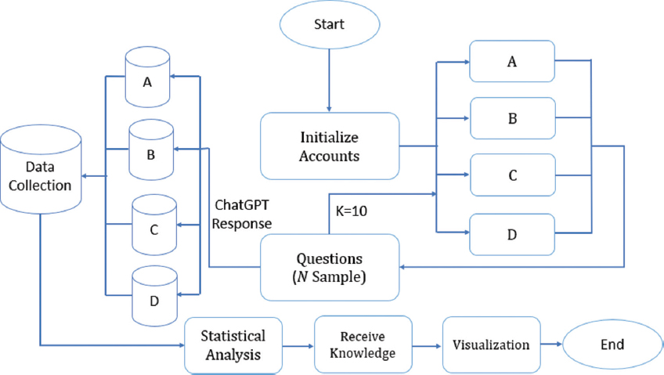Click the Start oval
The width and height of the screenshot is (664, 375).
pos(329,27)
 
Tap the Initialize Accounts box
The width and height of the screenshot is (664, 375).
pos(330,146)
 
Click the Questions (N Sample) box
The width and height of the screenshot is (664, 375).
pos(330,268)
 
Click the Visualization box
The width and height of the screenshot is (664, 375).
pos(491,344)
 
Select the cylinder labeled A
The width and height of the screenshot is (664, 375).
pos(147,78)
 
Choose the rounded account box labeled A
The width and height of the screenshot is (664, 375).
pos(512,61)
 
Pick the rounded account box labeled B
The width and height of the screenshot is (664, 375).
pos(512,117)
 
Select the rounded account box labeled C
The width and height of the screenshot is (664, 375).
pos(512,175)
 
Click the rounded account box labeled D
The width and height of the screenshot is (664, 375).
pos(512,233)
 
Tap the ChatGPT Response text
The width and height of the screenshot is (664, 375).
pos(243,215)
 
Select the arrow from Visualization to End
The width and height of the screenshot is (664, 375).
pos(556,344)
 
